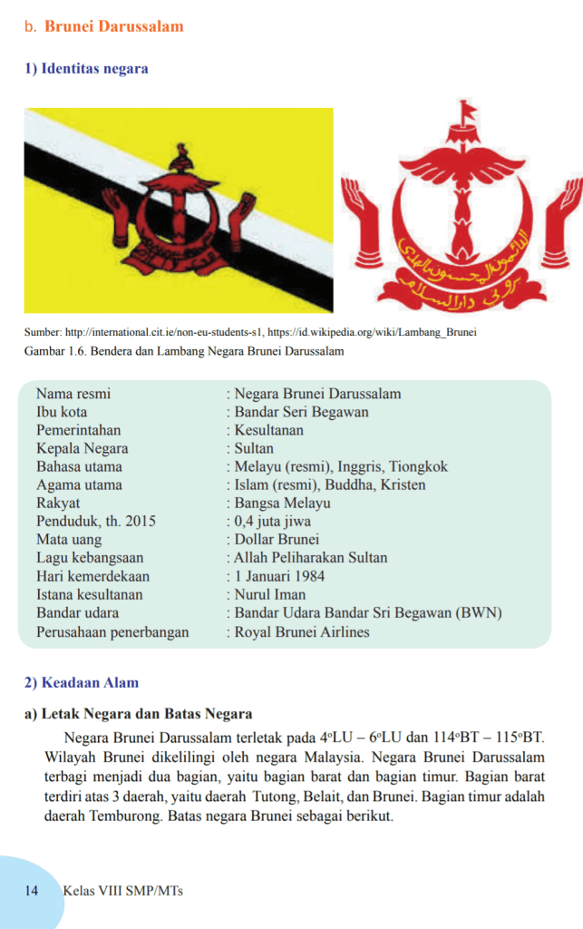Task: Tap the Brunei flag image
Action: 179,210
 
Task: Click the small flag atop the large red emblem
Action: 467,112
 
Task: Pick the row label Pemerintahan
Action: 78,430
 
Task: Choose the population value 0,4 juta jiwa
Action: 272,521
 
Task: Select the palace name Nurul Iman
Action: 268,595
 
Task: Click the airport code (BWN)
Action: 480,613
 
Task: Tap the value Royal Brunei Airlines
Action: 302,632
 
